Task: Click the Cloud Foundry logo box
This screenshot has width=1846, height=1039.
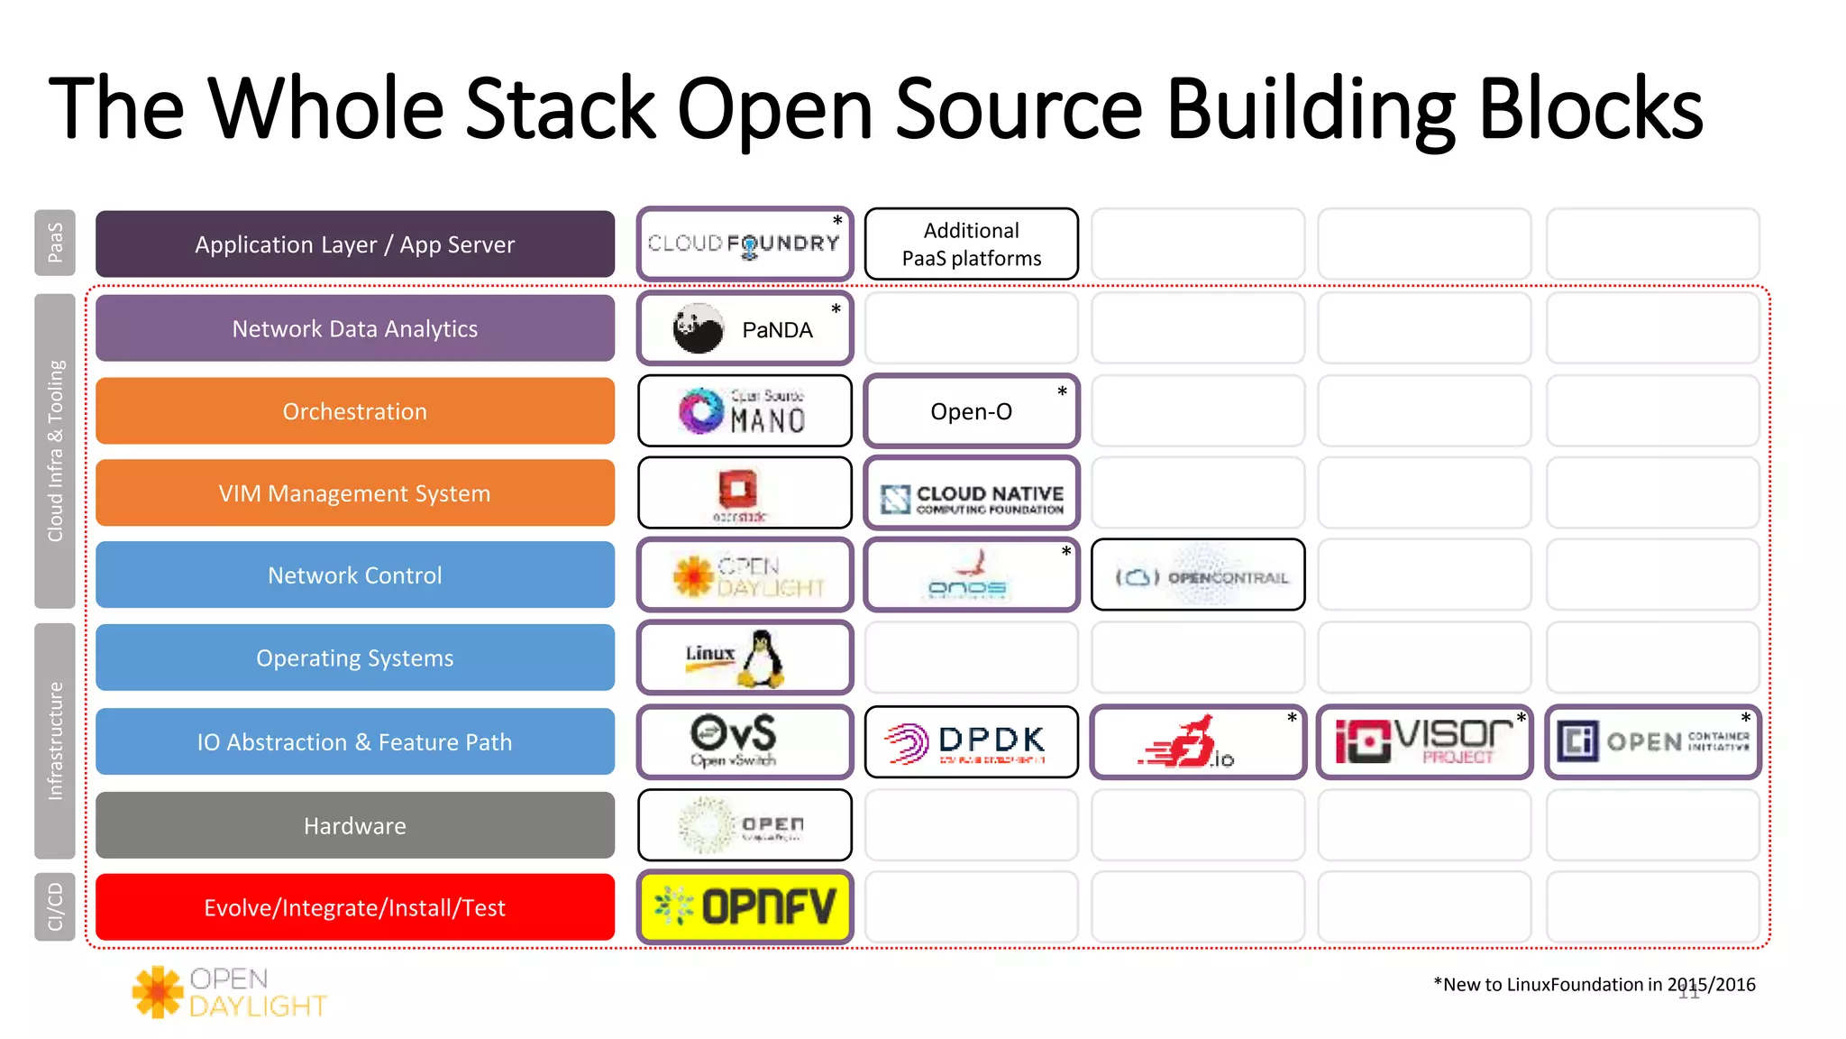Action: [x=745, y=244]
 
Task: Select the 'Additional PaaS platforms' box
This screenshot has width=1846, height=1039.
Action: [x=971, y=244]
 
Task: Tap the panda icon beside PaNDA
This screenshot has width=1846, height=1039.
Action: [x=699, y=329]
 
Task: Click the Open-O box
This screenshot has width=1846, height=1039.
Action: [x=971, y=411]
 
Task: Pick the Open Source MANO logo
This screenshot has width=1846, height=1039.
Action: [x=745, y=411]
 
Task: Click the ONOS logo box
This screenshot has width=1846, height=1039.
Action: [x=971, y=575]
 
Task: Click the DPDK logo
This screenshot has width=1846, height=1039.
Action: [x=971, y=742]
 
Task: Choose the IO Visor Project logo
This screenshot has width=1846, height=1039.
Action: [x=1424, y=742]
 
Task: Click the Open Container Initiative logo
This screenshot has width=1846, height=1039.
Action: [x=1652, y=742]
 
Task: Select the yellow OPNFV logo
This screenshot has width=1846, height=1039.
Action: [x=745, y=907]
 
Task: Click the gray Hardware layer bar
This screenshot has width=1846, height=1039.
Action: [x=355, y=825]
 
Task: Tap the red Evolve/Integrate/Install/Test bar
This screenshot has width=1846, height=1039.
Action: [x=355, y=907]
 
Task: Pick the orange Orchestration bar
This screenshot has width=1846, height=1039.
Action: [x=355, y=411]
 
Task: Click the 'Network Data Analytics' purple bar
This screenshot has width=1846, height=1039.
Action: [x=355, y=329]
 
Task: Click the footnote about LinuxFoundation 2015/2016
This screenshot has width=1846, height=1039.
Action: [x=1594, y=985]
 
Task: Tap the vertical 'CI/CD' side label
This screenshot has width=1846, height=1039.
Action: [x=55, y=907]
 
